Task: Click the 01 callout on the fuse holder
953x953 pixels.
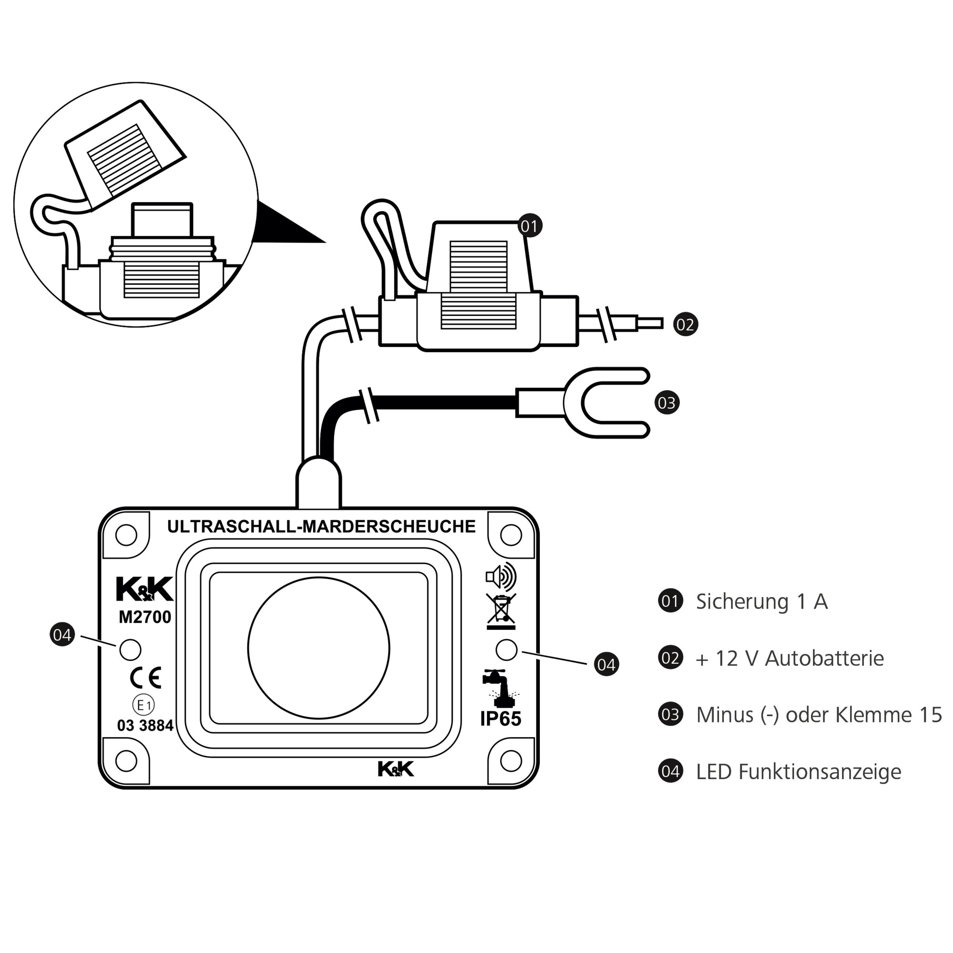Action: (x=529, y=226)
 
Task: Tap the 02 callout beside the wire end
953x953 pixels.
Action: (x=685, y=324)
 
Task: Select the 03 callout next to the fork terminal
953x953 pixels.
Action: (x=667, y=403)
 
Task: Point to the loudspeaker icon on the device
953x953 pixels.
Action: (x=500, y=577)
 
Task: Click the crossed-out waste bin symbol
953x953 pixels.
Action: (x=501, y=610)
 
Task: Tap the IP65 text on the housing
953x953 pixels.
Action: (x=501, y=719)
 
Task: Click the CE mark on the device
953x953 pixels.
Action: (x=145, y=678)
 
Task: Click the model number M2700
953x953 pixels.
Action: (x=144, y=617)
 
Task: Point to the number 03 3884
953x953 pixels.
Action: (x=145, y=726)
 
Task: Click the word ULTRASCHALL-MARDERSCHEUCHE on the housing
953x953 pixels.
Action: (x=321, y=527)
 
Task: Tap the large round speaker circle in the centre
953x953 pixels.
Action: (x=319, y=648)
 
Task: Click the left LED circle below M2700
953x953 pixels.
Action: (x=130, y=649)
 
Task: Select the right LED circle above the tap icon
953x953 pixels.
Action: (x=506, y=649)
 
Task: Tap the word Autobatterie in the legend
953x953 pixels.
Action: (x=824, y=659)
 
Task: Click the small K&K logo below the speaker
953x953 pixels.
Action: (x=395, y=769)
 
